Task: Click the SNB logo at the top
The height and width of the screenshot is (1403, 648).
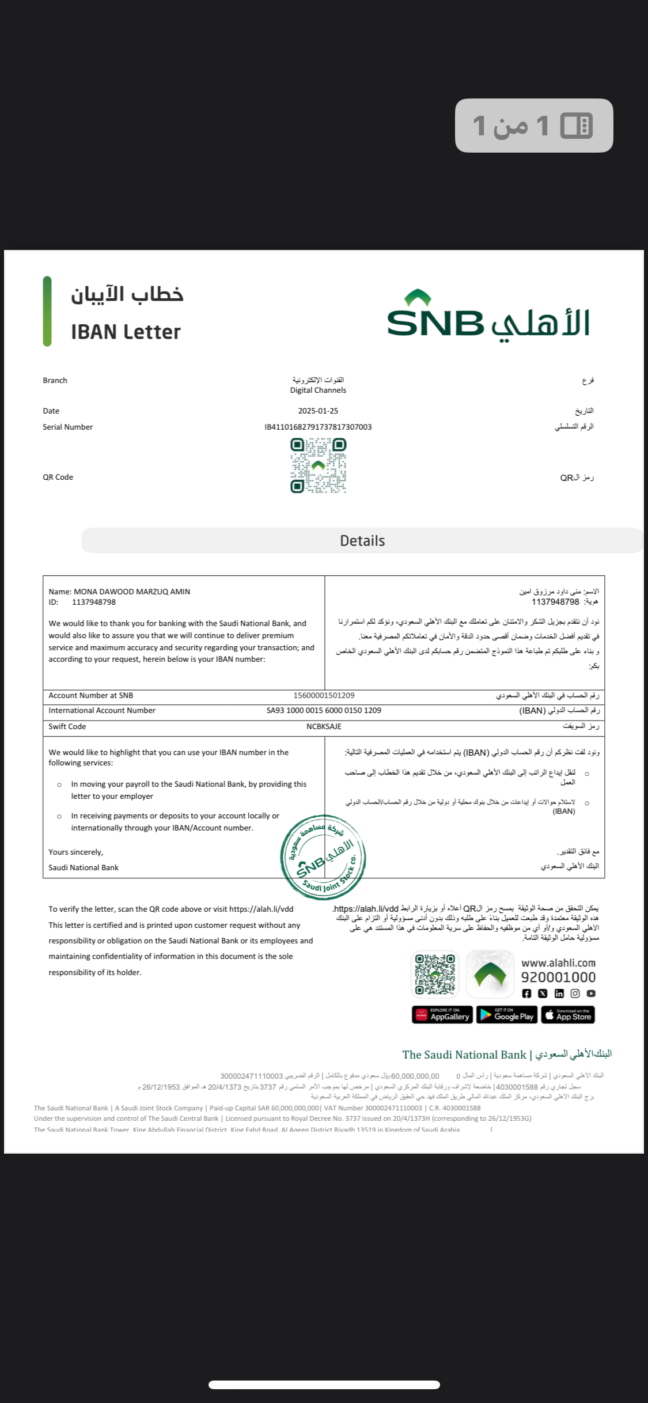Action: [488, 316]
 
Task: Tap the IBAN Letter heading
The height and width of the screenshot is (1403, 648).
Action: [126, 332]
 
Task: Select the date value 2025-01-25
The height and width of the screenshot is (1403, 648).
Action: [318, 411]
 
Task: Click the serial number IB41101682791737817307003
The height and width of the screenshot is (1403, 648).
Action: [318, 427]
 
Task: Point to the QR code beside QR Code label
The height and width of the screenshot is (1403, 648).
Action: [318, 465]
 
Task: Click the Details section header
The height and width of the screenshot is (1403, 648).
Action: [362, 540]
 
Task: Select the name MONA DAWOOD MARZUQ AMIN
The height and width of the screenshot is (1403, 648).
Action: [132, 591]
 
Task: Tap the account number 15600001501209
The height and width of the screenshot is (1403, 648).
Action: [324, 695]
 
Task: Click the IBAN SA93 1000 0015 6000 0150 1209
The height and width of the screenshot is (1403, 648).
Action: [324, 710]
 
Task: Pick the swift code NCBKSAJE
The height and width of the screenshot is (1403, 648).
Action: [324, 726]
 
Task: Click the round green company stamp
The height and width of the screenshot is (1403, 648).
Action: [323, 857]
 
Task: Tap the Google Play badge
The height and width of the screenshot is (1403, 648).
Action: [507, 1014]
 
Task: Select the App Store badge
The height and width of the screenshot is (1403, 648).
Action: [569, 1014]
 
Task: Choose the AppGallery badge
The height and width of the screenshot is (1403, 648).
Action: [442, 1014]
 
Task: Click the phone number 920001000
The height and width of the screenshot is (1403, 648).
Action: [558, 977]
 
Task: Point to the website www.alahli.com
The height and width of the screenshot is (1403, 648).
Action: [558, 962]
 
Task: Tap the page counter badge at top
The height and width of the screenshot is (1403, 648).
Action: [534, 126]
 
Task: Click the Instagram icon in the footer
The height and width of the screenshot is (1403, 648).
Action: [575, 993]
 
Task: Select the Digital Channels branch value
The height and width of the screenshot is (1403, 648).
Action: [318, 390]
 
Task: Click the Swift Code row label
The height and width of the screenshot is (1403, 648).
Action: [67, 726]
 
